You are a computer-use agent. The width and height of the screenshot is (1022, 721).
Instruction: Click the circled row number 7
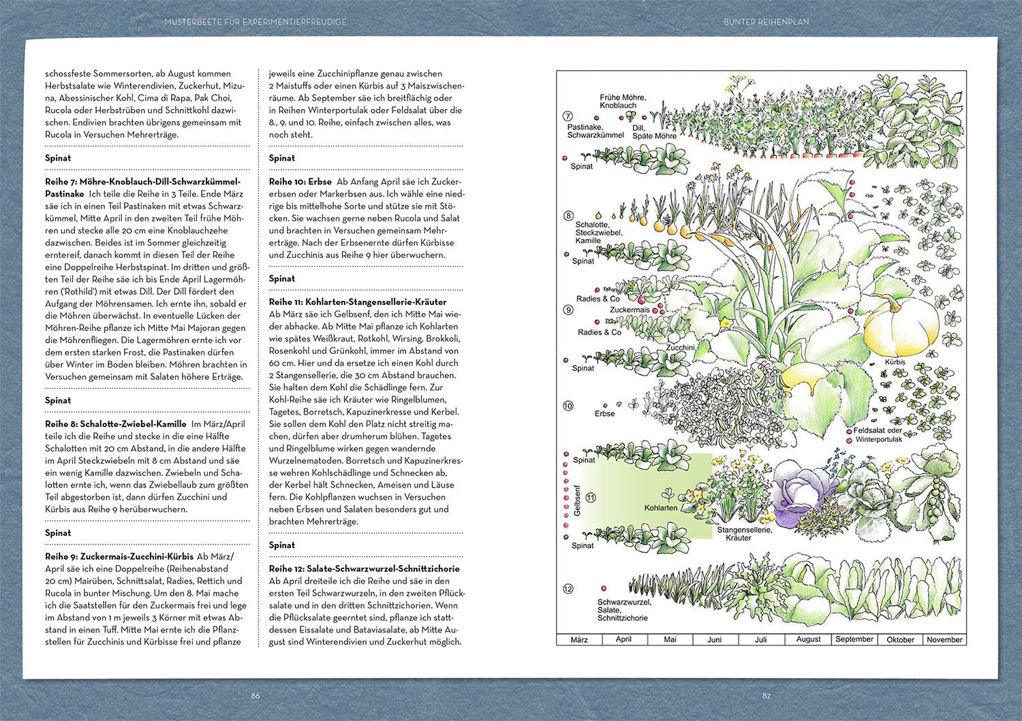pyautogui.click(x=568, y=116)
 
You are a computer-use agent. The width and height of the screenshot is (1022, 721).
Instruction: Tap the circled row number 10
pyautogui.click(x=568, y=406)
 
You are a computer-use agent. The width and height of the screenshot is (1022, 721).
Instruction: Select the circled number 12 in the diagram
pyautogui.click(x=568, y=589)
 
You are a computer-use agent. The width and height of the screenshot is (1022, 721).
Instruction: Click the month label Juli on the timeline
pyautogui.click(x=761, y=640)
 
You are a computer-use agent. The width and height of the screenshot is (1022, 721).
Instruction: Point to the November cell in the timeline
pyautogui.click(x=944, y=640)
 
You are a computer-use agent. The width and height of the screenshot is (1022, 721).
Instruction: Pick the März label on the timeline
pyautogui.click(x=579, y=640)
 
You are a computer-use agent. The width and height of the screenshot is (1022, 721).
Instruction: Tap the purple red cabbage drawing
pyautogui.click(x=799, y=490)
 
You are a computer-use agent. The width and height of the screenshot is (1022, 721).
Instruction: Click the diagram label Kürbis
pyautogui.click(x=895, y=362)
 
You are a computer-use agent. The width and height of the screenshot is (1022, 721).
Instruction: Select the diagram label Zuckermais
pyautogui.click(x=630, y=310)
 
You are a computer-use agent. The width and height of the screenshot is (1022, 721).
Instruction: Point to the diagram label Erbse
pyautogui.click(x=604, y=413)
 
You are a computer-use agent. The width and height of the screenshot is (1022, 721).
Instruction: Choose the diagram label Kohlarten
pyautogui.click(x=660, y=508)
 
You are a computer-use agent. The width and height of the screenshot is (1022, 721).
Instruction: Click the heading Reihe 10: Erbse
pyautogui.click(x=300, y=182)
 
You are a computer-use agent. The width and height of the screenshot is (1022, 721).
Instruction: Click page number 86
pyautogui.click(x=255, y=696)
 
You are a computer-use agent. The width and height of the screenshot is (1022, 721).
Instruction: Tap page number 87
pyautogui.click(x=766, y=696)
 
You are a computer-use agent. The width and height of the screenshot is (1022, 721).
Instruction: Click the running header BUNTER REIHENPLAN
pyautogui.click(x=766, y=22)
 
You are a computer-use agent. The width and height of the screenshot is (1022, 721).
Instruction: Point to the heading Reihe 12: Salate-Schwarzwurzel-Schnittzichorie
pyautogui.click(x=365, y=568)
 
